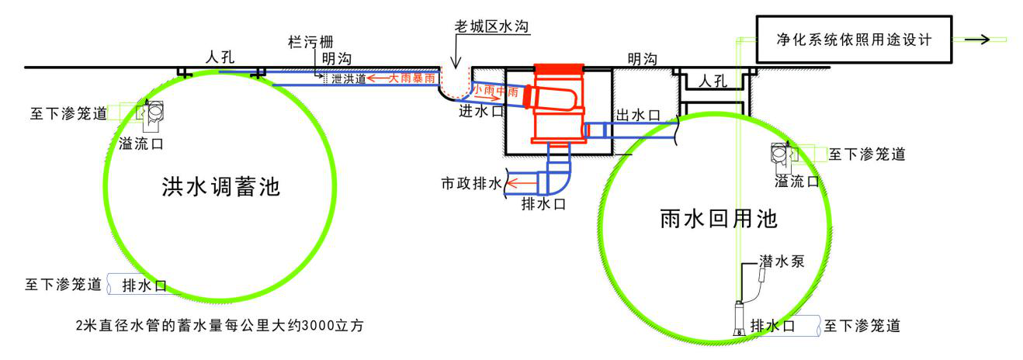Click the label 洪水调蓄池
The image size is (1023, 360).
tap(220, 187)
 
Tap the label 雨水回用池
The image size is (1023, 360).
tap(719, 219)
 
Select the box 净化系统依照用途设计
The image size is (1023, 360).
tap(854, 40)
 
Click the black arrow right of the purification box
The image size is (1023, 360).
tap(977, 40)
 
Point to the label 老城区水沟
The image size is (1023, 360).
tap(491, 26)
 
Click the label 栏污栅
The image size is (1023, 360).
tap(310, 42)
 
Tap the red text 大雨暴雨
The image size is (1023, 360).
tap(411, 78)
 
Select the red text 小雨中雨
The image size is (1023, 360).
tap(495, 90)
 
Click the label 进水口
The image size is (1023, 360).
tap(481, 111)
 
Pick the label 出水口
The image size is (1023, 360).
tap(638, 115)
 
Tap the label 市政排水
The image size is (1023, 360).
tap(471, 183)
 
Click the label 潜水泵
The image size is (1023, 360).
tap(782, 261)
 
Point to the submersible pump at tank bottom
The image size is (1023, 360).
tap(739, 318)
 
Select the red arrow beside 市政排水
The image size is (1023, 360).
tap(522, 183)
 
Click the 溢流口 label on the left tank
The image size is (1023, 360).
tap(141, 144)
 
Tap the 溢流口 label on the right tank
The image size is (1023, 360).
tap(797, 181)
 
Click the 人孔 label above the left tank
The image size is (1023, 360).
tap(220, 57)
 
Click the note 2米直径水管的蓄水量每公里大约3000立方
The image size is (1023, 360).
tap(220, 325)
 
